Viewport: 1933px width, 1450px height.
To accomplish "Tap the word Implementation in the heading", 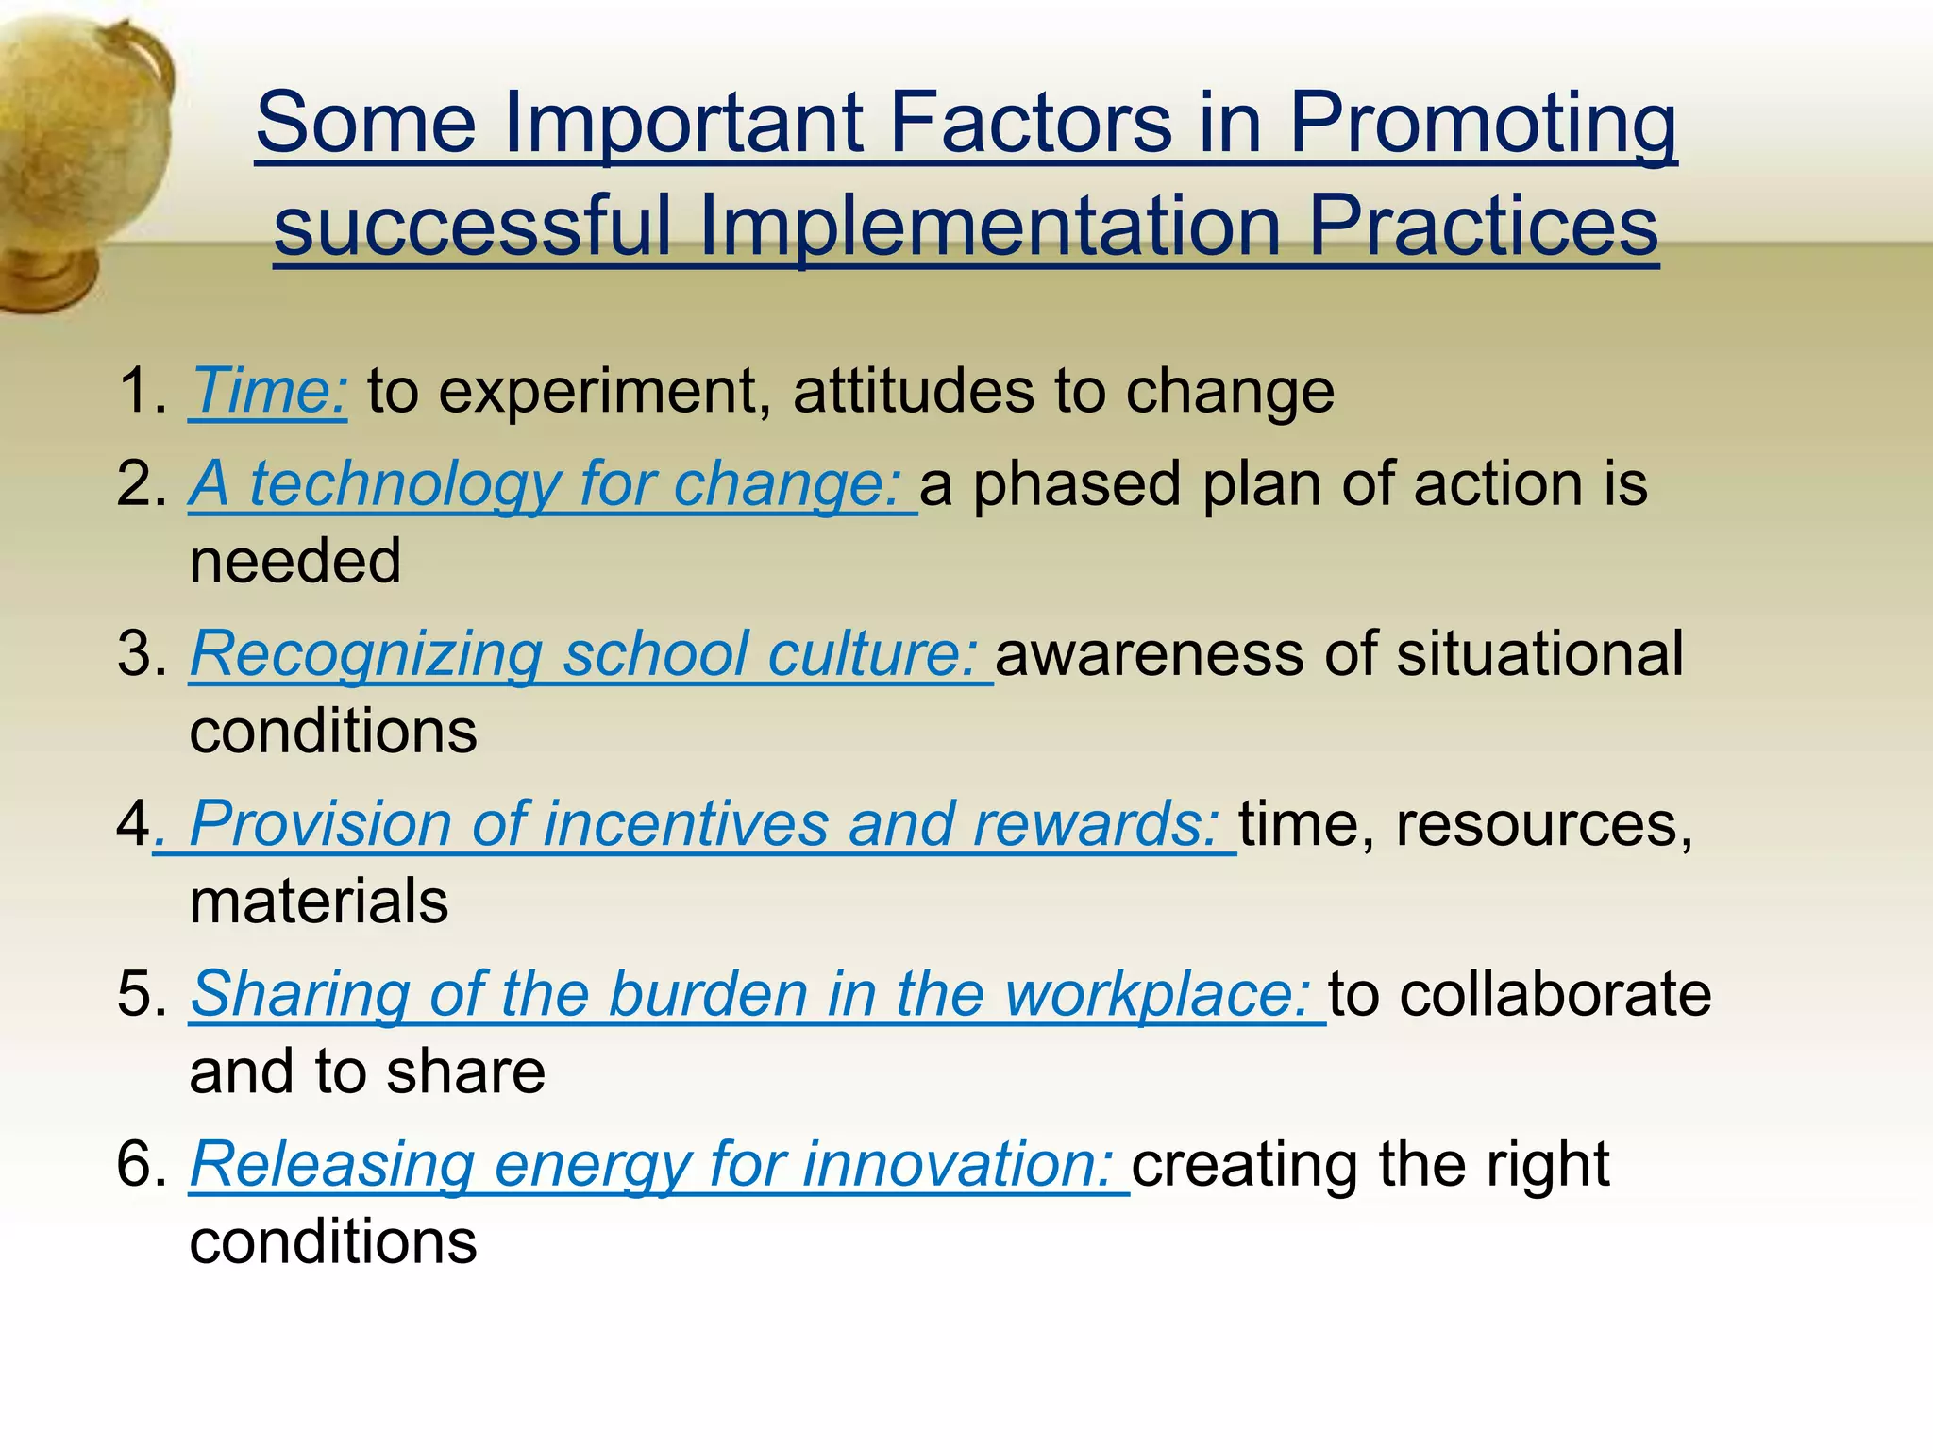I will [989, 227].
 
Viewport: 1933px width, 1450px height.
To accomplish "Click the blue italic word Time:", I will [269, 391].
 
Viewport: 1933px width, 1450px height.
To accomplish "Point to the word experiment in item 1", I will [604, 393].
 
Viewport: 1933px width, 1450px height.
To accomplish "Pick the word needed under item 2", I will [295, 562].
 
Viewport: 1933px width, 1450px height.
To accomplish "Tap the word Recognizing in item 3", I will [366, 654].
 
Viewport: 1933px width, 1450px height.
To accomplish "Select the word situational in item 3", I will [1539, 653].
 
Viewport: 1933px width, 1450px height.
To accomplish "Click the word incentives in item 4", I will [684, 824].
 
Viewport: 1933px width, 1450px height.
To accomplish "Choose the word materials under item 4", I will [319, 902].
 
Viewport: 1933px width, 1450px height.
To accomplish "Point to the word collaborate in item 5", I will [1555, 995].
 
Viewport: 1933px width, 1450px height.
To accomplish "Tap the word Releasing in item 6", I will [332, 1164].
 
